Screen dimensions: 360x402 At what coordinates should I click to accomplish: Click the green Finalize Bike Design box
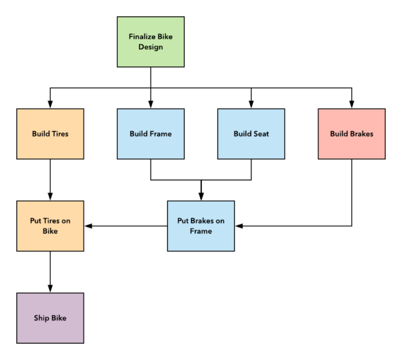pyautogui.click(x=150, y=41)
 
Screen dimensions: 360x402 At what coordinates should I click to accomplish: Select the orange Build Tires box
pyautogui.click(x=50, y=134)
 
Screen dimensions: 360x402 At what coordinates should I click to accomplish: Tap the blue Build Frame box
pyautogui.click(x=150, y=134)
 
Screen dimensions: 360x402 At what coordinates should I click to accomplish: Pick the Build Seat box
pyautogui.click(x=251, y=134)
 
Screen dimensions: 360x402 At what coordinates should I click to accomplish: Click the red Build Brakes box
pyautogui.click(x=351, y=134)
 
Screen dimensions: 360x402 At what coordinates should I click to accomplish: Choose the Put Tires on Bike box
pyautogui.click(x=50, y=226)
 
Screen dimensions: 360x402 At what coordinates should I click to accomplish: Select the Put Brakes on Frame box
pyautogui.click(x=201, y=226)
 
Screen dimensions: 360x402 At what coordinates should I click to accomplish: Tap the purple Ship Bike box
pyautogui.click(x=50, y=318)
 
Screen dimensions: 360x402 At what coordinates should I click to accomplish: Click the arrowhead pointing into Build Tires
pyautogui.click(x=50, y=104)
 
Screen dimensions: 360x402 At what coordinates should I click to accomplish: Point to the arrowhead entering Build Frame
pyautogui.click(x=150, y=104)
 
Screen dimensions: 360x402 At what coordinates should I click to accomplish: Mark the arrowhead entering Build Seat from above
pyautogui.click(x=251, y=104)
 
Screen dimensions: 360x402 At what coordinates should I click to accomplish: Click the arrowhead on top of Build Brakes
pyautogui.click(x=351, y=104)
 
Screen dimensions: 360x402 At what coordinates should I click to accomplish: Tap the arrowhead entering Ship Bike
pyautogui.click(x=50, y=288)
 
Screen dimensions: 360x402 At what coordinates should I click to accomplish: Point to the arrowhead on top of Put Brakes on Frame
pyautogui.click(x=201, y=196)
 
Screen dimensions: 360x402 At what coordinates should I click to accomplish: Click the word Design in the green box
pyautogui.click(x=150, y=47)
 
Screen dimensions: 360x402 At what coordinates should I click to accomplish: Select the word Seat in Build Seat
pyautogui.click(x=260, y=134)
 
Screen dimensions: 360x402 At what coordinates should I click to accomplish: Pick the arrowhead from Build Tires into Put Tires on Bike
pyautogui.click(x=50, y=196)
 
